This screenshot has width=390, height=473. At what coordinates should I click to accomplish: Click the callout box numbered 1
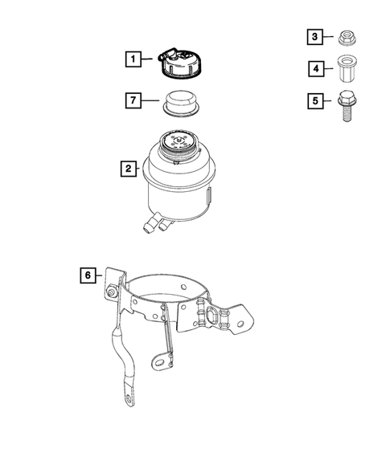pyautogui.click(x=131, y=58)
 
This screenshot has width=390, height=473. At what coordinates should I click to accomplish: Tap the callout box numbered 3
pyautogui.click(x=317, y=36)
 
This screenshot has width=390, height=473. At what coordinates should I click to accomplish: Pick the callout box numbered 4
pyautogui.click(x=317, y=69)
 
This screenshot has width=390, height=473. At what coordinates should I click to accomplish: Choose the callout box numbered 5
pyautogui.click(x=317, y=102)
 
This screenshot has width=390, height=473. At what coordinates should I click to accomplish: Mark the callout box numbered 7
pyautogui.click(x=131, y=101)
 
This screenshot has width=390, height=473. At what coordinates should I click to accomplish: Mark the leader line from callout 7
pyautogui.click(x=151, y=101)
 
